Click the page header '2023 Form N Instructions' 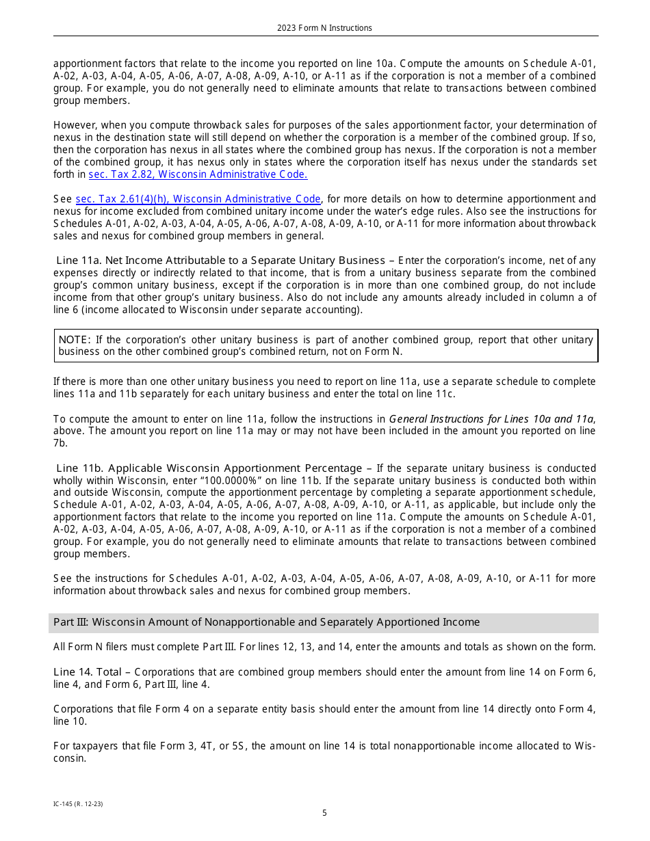[x=324, y=28]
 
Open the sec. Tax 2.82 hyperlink [x=198, y=174]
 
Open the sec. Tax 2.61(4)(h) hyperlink [x=198, y=199]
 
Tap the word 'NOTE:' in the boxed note [x=75, y=340]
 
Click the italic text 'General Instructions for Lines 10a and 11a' [x=491, y=418]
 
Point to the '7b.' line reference [x=61, y=443]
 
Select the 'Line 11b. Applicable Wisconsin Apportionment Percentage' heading [x=209, y=468]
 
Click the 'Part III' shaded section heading [x=267, y=622]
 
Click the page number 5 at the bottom [x=324, y=813]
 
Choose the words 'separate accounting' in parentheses [x=323, y=310]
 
